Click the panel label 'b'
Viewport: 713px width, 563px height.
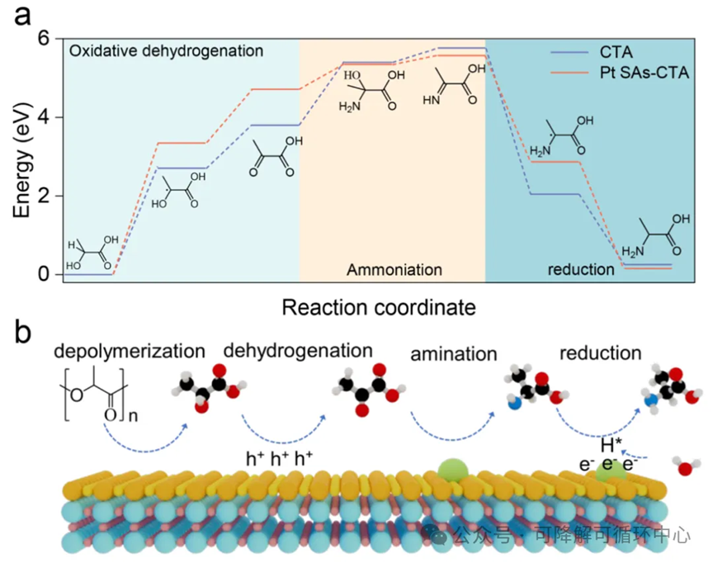pyautogui.click(x=22, y=331)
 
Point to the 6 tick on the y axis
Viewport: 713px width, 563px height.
pyautogui.click(x=45, y=38)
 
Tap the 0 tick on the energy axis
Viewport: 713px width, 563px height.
pyautogui.click(x=45, y=274)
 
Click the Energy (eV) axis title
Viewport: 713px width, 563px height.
pyautogui.click(x=22, y=156)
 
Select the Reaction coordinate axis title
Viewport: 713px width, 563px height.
pyautogui.click(x=379, y=308)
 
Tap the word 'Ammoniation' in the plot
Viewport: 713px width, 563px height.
pyautogui.click(x=394, y=270)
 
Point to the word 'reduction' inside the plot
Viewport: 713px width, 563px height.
pyautogui.click(x=582, y=270)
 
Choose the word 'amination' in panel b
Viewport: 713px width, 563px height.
pyautogui.click(x=453, y=355)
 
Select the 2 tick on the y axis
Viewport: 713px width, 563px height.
pyautogui.click(x=45, y=196)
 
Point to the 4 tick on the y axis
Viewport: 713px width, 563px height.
pyautogui.click(x=45, y=116)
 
